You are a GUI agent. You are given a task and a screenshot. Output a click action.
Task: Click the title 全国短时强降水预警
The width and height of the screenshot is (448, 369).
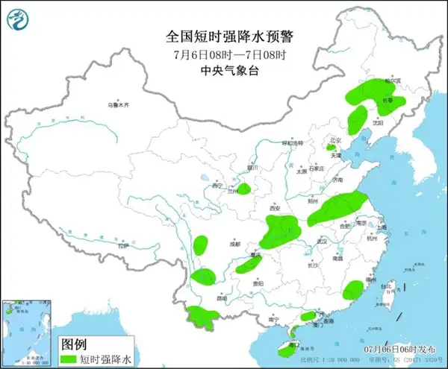[224, 36]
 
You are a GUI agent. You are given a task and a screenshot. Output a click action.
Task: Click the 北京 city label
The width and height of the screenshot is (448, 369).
[335, 139]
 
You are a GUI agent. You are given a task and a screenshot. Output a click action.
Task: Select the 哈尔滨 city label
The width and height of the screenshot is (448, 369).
[383, 80]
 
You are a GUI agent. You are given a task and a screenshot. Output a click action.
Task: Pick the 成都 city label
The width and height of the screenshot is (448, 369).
[236, 243]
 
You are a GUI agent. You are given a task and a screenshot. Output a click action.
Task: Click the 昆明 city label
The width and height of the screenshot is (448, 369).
[222, 298]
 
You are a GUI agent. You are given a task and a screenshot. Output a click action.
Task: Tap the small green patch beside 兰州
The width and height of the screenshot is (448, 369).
[244, 189]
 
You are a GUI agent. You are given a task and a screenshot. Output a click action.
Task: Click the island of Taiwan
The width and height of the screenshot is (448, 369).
[386, 292]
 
